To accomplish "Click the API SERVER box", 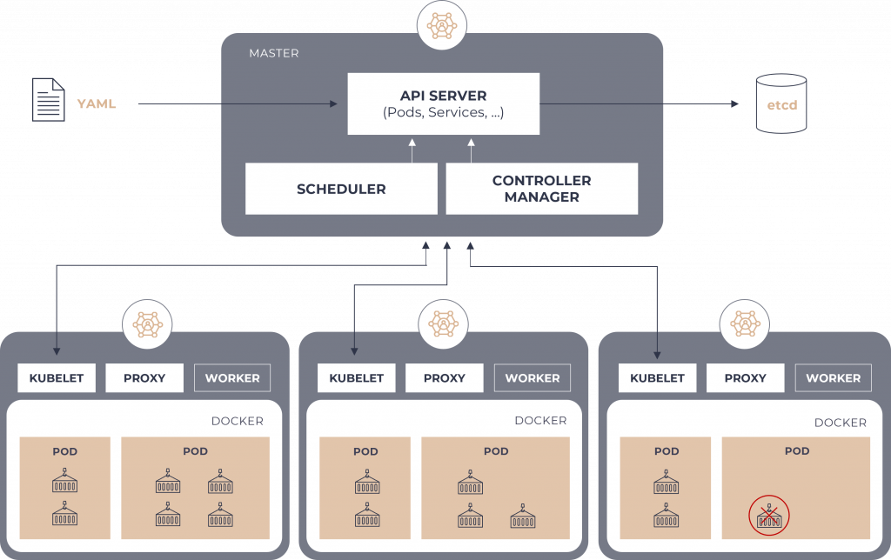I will [x=443, y=103].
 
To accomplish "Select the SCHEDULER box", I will [x=341, y=189].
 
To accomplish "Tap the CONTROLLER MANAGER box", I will [x=541, y=189].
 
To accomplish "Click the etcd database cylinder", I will [x=780, y=103].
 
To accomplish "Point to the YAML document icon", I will [x=48, y=98].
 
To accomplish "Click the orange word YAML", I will [x=97, y=103].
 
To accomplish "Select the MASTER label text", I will [x=273, y=53].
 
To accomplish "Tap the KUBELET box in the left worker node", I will [x=57, y=378].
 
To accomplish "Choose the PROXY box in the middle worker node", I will [x=445, y=378].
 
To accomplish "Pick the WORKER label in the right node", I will [x=833, y=378].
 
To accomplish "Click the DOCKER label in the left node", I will [x=237, y=421].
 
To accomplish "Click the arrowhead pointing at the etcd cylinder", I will [x=734, y=104].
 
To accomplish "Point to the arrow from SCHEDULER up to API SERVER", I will [x=413, y=152].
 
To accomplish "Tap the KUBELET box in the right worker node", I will [x=657, y=378].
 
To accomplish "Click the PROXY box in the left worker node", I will [x=144, y=378].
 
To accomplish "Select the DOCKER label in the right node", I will [x=840, y=423].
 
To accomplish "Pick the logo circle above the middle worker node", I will [x=444, y=324].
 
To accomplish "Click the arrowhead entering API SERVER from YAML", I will [x=333, y=104].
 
